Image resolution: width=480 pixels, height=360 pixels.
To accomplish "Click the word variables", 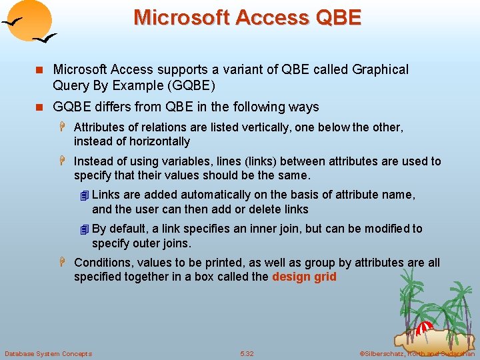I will tap(185, 161).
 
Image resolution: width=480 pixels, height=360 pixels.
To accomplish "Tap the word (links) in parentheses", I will tap(242, 161).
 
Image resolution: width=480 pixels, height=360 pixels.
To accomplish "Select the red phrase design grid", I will tap(304, 277).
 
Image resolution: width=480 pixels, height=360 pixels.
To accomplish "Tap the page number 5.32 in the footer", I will tap(247, 353).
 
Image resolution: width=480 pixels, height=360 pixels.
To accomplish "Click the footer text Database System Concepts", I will tap(48, 353).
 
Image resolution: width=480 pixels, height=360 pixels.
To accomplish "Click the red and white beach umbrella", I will tap(424, 327).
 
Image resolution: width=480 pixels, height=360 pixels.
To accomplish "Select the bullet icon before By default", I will tap(83, 229).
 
